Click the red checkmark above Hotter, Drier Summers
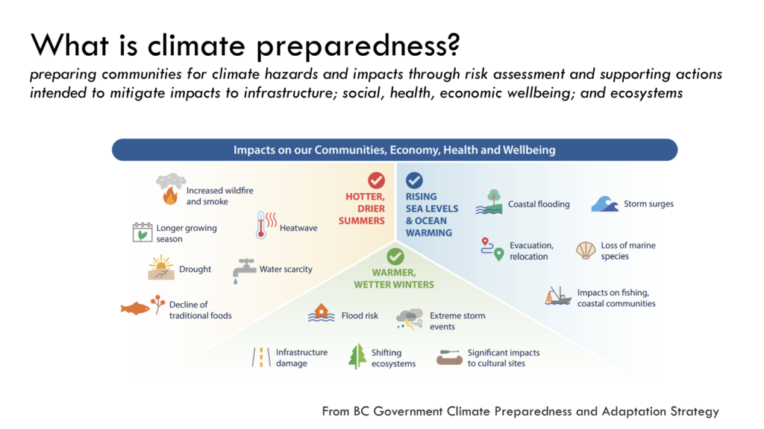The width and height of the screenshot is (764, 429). tap(376, 180)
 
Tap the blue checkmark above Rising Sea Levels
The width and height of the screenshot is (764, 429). tap(414, 180)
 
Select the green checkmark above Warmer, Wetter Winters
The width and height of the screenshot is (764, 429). tap(395, 256)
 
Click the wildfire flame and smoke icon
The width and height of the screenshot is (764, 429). tap(171, 189)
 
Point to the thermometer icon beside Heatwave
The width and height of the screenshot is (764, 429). tap(266, 225)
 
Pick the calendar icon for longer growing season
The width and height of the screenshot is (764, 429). tap(143, 232)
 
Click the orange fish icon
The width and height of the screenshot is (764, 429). tap(135, 308)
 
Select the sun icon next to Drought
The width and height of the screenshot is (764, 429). tap(161, 267)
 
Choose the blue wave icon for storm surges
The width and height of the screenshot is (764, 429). tap(604, 204)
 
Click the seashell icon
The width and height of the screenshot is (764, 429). tap(586, 250)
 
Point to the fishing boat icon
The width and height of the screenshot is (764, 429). tap(558, 296)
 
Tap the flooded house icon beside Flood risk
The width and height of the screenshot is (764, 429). tap(321, 313)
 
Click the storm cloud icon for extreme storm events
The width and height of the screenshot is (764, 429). tap(410, 319)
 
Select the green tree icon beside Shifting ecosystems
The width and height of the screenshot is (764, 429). tap(357, 357)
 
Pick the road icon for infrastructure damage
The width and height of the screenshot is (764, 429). tap(261, 357)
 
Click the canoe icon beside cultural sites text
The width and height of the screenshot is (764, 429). tap(449, 357)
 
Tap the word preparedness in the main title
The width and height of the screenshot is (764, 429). tap(357, 46)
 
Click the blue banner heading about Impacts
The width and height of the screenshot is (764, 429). tap(395, 150)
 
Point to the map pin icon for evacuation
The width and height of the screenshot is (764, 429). tap(492, 249)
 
